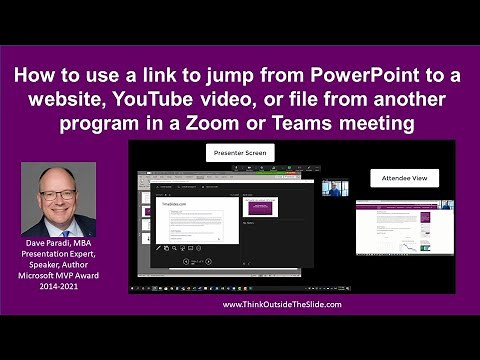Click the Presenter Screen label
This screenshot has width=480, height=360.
point(239,154)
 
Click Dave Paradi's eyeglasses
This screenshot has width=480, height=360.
point(57,195)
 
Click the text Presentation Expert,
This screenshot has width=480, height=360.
point(59,255)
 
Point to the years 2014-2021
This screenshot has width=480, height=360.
point(59,285)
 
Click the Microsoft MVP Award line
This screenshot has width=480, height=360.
point(59,275)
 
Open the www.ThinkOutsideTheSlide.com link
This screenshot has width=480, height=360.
point(282,304)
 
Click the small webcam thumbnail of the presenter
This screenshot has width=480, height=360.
point(334,187)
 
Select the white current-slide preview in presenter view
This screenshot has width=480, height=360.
point(197,219)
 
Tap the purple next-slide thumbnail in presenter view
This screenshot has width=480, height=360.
point(261,207)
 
